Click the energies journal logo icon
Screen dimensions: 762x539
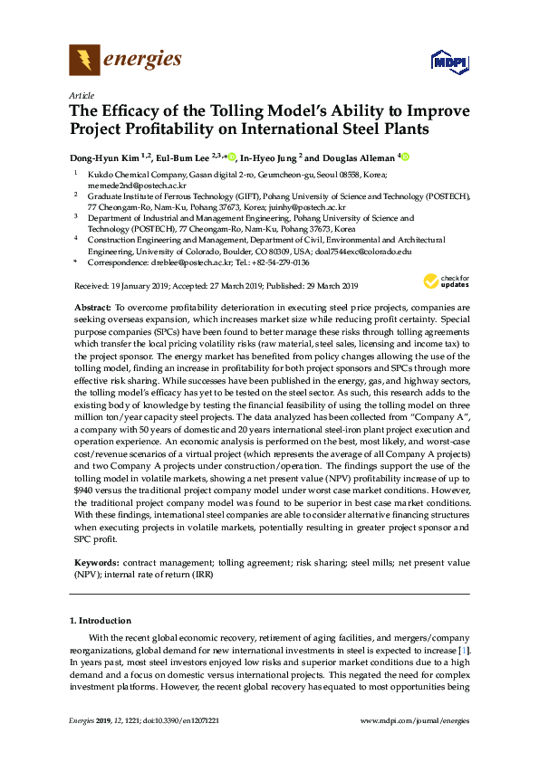point(84,61)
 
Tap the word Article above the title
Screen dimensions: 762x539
point(80,95)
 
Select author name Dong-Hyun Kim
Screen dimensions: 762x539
point(103,156)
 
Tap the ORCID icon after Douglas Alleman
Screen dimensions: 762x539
point(405,156)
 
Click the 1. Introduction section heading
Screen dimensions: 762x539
point(101,621)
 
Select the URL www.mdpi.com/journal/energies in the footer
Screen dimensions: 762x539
point(416,719)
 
